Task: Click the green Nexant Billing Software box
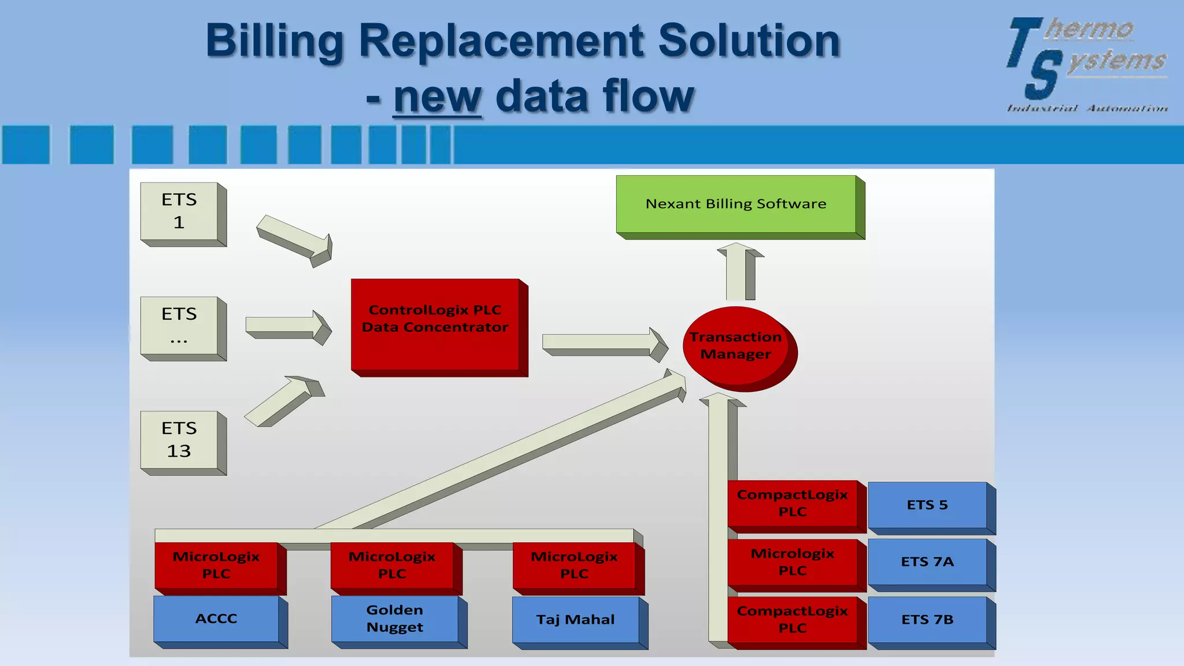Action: [x=735, y=204]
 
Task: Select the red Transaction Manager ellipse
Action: [x=735, y=346]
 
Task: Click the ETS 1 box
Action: [x=179, y=211]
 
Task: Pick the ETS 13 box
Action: [x=179, y=440]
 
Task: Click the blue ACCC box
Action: [x=216, y=619]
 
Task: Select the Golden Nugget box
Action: [x=395, y=619]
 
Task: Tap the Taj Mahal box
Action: [x=575, y=620]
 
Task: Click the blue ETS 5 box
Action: [x=927, y=505]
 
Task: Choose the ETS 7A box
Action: [x=927, y=562]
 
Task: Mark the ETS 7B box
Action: [x=927, y=620]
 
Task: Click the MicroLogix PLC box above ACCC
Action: [x=216, y=565]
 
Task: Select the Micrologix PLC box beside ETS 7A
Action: [x=792, y=562]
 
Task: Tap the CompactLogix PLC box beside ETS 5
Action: [x=792, y=503]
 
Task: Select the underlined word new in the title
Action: [x=437, y=97]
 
